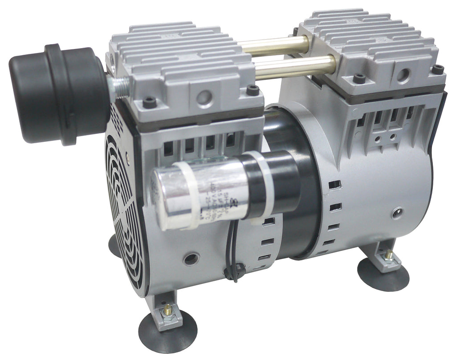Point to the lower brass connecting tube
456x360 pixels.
294,66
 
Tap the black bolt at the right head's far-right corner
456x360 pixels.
438,69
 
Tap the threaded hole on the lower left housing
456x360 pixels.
191,259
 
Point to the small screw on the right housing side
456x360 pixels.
396,213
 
